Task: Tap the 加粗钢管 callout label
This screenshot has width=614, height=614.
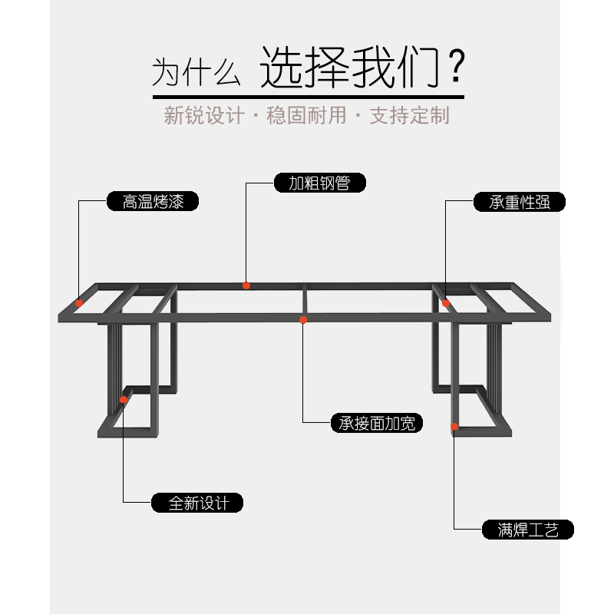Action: point(319,183)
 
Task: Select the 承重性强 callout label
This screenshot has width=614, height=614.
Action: point(519,202)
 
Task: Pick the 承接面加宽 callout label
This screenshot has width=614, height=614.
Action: point(376,422)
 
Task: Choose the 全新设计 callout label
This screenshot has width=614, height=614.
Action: point(198,503)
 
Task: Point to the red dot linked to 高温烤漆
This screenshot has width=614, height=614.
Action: point(80,301)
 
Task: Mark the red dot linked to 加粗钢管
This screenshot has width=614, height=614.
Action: point(246,286)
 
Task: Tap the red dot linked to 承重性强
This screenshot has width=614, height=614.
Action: point(446,303)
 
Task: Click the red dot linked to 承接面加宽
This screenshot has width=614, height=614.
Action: point(303,319)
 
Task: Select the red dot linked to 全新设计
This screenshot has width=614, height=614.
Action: point(124,400)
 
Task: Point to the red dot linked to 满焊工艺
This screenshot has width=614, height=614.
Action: point(454,426)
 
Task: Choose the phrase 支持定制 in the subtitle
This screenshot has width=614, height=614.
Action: point(410,116)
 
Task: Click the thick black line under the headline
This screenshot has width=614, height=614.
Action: point(308,97)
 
